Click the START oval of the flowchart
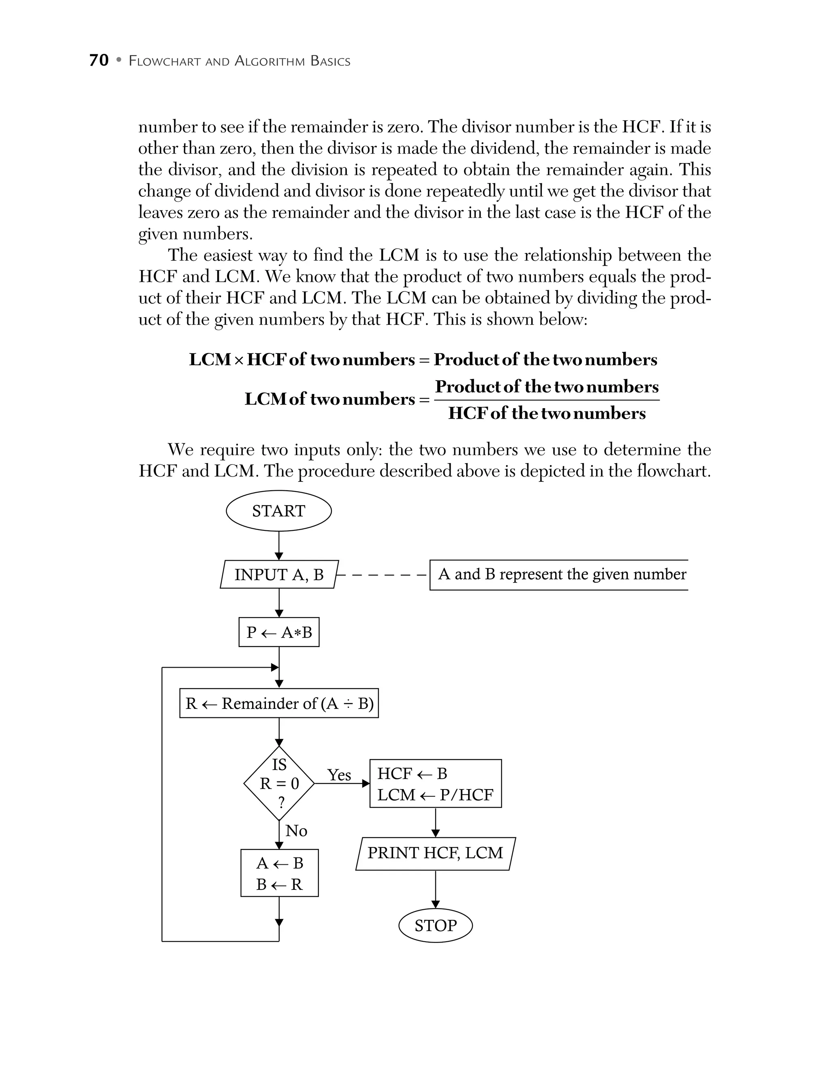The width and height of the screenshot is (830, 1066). coord(278,511)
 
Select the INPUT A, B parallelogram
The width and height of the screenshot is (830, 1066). coord(279,574)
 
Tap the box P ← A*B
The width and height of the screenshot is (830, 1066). coord(279,632)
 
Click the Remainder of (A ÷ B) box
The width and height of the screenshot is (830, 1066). coord(279,703)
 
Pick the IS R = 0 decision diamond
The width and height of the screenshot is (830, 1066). coord(279,783)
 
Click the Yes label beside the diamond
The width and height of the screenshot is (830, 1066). coord(339,775)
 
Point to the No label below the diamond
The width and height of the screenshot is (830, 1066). coord(296,831)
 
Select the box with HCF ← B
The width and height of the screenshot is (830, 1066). coord(435,784)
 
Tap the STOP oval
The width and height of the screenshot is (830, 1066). coord(435,926)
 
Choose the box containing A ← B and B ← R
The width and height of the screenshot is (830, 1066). coord(279,873)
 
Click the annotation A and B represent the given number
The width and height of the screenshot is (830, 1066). coord(562,574)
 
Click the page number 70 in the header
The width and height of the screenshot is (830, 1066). coord(98,60)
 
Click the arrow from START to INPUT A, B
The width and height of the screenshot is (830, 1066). coord(279,546)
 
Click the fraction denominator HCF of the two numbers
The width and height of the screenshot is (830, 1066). coord(547,413)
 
